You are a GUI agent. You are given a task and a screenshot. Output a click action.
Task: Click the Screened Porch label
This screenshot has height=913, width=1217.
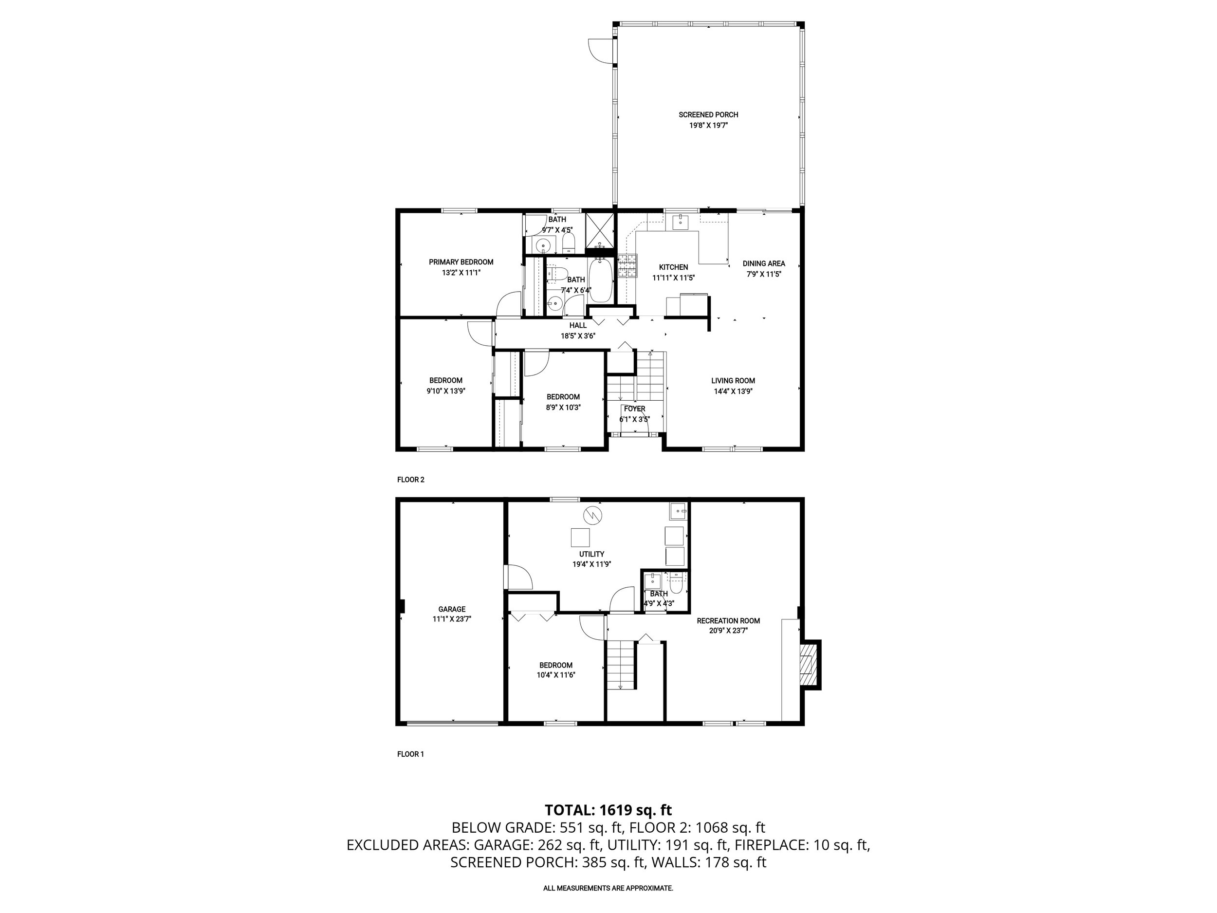(708, 114)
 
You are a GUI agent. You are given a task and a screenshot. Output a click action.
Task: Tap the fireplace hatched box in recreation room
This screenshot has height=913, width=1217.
(807, 665)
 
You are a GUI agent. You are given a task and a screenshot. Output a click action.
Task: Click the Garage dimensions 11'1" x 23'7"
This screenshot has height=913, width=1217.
(452, 618)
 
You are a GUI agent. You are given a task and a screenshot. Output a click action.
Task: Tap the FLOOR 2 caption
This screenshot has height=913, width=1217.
(410, 479)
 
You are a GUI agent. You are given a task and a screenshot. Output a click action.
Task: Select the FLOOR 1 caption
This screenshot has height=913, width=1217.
(410, 754)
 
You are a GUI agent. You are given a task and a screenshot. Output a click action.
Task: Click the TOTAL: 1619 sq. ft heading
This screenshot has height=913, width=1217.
(608, 810)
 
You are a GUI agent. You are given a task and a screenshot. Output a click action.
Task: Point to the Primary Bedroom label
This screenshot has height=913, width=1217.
(461, 262)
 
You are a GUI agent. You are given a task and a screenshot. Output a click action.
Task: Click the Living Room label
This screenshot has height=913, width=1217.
(733, 380)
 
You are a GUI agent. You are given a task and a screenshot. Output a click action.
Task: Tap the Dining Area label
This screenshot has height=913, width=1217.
(764, 263)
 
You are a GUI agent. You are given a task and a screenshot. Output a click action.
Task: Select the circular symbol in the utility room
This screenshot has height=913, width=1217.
(593, 515)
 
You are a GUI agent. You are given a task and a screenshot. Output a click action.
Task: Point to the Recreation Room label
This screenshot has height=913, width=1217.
(728, 621)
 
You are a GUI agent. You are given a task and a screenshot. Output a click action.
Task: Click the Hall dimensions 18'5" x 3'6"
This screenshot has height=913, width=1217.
(578, 335)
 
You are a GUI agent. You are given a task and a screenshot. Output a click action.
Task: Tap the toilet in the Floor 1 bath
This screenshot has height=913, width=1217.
(676, 583)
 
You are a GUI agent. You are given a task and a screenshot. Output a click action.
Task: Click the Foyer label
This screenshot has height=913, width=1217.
(634, 409)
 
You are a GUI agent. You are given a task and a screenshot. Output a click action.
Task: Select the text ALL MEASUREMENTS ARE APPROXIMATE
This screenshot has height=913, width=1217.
(608, 888)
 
